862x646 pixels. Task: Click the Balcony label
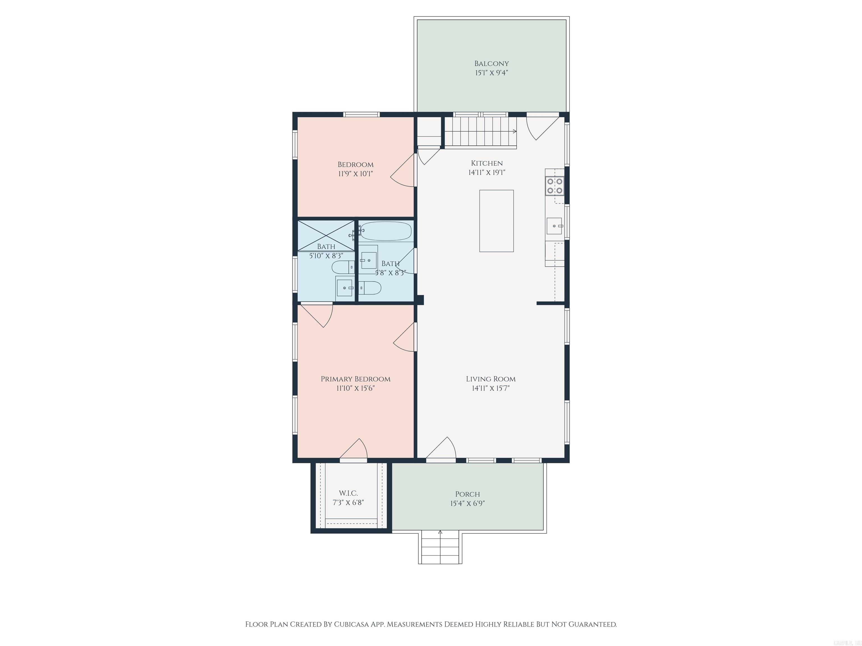[491, 63]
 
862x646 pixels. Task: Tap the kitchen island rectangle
[496, 221]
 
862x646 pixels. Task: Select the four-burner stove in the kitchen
[554, 186]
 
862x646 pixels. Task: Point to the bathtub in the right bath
[385, 231]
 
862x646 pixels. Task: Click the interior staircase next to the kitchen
[480, 131]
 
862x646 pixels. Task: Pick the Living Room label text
[490, 379]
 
